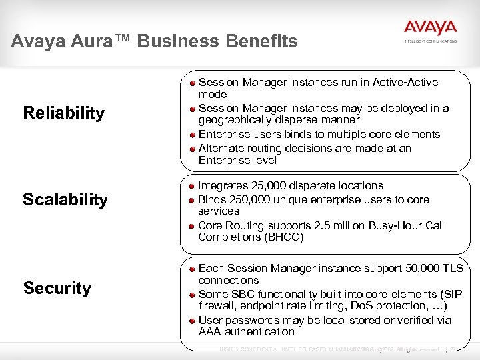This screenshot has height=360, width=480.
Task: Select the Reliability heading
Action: coord(63,113)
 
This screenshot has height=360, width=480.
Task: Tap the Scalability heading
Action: coord(65,199)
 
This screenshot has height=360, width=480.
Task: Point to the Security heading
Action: coord(57,288)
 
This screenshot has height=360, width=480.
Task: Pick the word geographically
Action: coord(237,120)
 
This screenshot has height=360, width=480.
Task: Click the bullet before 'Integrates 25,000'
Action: coord(191,185)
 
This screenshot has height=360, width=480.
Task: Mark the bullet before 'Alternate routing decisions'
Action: coord(191,148)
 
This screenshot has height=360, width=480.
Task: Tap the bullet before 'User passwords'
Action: coord(191,320)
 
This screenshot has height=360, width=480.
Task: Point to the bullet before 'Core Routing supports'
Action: coord(191,225)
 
